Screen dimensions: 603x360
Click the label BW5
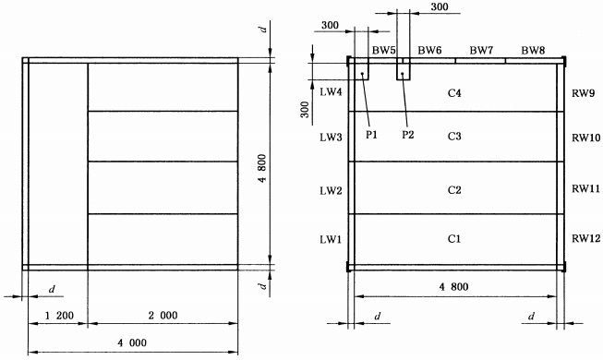384,51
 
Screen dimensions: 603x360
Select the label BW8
533,51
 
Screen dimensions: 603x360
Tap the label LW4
331,92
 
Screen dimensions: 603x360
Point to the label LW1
331,240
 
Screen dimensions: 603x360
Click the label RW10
585,138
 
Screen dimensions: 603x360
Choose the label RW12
585,238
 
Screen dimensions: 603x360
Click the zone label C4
454,93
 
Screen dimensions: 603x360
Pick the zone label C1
454,239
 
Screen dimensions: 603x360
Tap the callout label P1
371,135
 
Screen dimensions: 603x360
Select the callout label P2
408,135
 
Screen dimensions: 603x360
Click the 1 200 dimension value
59,316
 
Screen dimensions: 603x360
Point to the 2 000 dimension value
163,316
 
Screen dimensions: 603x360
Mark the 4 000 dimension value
132,342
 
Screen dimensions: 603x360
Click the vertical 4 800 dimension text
262,168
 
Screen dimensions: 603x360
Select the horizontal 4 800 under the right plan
453,287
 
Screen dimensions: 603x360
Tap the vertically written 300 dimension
305,110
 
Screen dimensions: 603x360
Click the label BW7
481,51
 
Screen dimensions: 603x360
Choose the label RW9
584,93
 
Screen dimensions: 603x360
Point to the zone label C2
454,190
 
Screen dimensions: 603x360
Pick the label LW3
331,138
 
